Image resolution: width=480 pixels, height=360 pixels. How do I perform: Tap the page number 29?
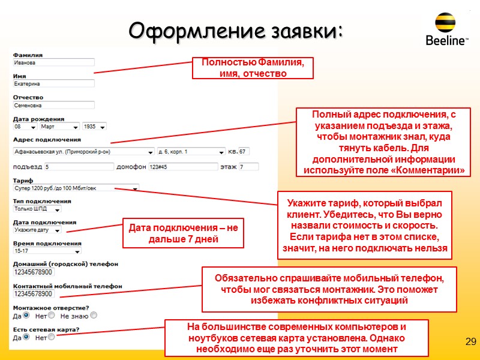pyautogui.click(x=470, y=342)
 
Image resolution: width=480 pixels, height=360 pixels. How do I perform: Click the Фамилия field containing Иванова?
pyautogui.click(x=54, y=62)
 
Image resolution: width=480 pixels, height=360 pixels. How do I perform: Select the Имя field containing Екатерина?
pyautogui.click(x=54, y=84)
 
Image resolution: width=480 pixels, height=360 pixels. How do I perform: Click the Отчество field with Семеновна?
pyautogui.click(x=54, y=105)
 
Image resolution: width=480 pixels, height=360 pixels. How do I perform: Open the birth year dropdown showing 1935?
pyautogui.click(x=95, y=127)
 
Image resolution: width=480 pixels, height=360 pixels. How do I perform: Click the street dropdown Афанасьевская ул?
pyautogui.click(x=83, y=151)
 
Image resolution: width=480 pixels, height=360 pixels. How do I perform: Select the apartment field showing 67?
pyautogui.click(x=244, y=151)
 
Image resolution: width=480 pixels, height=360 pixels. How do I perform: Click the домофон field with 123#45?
pyautogui.click(x=178, y=167)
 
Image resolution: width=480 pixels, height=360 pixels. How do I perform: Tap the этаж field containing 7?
pyautogui.click(x=248, y=167)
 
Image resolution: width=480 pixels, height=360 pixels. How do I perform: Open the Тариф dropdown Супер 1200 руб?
pyautogui.click(x=76, y=188)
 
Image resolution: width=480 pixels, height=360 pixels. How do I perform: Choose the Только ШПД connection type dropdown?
pyautogui.click(x=37, y=209)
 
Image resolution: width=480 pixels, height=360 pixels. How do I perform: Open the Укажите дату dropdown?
pyautogui.click(x=37, y=230)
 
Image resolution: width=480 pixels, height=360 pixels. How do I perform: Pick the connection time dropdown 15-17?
pyautogui.click(x=47, y=251)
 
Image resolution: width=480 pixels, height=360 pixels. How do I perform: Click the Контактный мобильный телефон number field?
pyautogui.click(x=34, y=294)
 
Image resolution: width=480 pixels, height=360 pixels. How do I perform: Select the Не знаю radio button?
pyautogui.click(x=94, y=316)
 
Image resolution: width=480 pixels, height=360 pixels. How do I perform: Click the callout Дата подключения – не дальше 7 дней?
pyautogui.click(x=184, y=233)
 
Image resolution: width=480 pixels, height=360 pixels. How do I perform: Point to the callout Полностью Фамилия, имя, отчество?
pyautogui.click(x=253, y=68)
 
